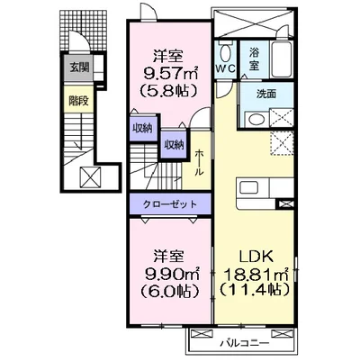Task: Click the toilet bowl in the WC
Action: tap(225, 50)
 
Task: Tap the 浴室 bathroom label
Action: tap(255, 60)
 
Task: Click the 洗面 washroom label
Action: tap(266, 93)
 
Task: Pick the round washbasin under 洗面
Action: tap(256, 122)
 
